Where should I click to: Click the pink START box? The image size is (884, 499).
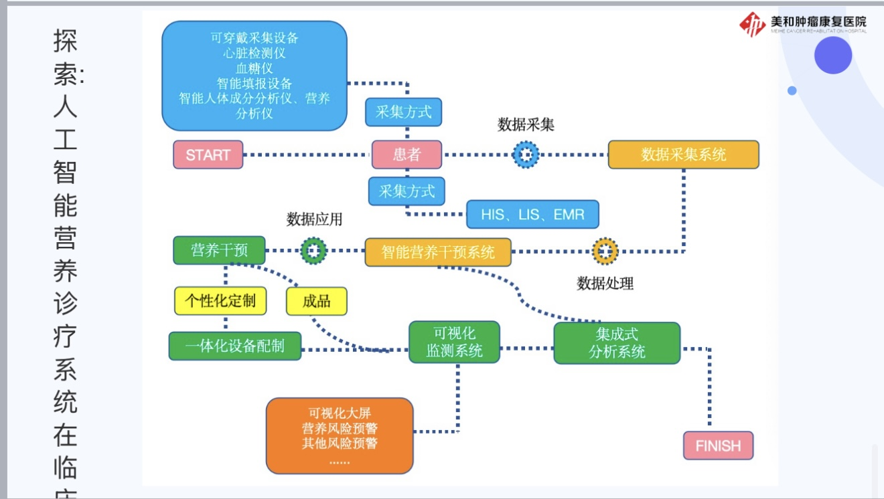[x=208, y=155]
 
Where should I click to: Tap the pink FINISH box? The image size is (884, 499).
[x=718, y=445]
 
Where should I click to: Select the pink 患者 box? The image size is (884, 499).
[x=407, y=155]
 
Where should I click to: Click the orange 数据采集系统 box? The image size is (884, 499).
[x=683, y=155]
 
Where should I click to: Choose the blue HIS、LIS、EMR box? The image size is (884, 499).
[x=532, y=215]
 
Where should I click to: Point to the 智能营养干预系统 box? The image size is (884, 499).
[x=438, y=252]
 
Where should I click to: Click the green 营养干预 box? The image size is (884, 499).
[x=219, y=250]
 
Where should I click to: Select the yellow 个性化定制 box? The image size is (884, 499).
[x=220, y=300]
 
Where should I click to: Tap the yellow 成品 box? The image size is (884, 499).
[x=316, y=301]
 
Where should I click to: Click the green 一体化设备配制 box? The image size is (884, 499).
[x=234, y=346]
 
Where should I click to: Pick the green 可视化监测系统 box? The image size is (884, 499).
[x=454, y=342]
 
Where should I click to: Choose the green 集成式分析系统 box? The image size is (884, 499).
[x=616, y=342]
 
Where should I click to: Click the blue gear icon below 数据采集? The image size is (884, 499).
[x=526, y=155]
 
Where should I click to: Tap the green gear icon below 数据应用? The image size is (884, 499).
[x=313, y=251]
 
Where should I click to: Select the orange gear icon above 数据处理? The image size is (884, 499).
[x=605, y=252]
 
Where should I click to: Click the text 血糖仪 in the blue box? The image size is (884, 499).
[x=254, y=68]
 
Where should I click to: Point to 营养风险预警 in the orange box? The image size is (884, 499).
[x=340, y=428]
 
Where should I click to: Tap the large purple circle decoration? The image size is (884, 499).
[x=832, y=55]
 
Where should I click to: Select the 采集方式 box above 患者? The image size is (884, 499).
[x=403, y=112]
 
